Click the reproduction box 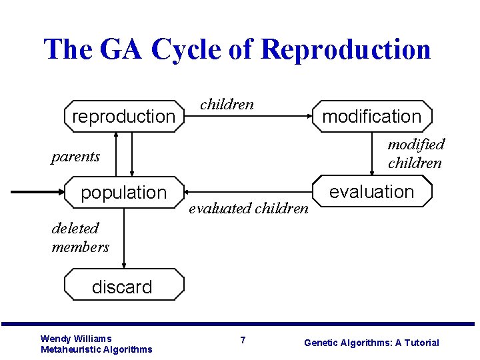(123, 116)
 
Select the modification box (372, 116)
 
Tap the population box (123, 192)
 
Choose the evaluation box (372, 192)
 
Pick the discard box (123, 286)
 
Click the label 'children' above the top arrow (227, 104)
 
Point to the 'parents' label (75, 157)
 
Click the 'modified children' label (416, 153)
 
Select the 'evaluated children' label (249, 208)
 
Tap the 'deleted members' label (80, 237)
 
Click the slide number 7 (243, 341)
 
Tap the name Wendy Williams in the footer (76, 339)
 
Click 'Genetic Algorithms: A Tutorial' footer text (371, 343)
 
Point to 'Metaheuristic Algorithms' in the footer (96, 349)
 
